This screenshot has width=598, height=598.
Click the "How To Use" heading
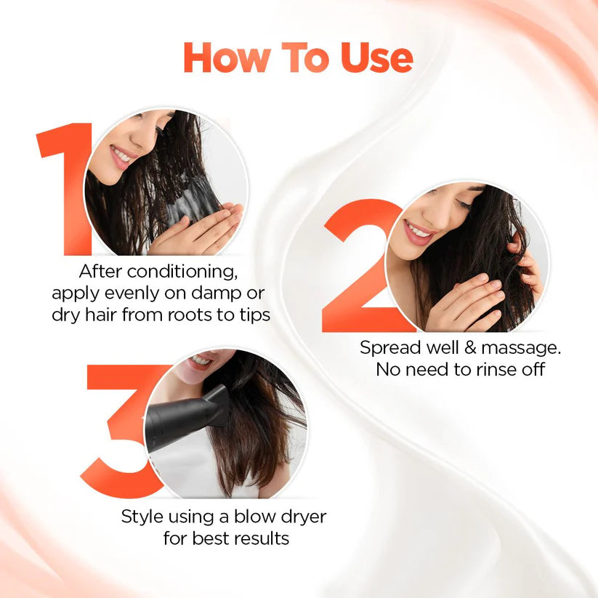(x=298, y=57)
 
